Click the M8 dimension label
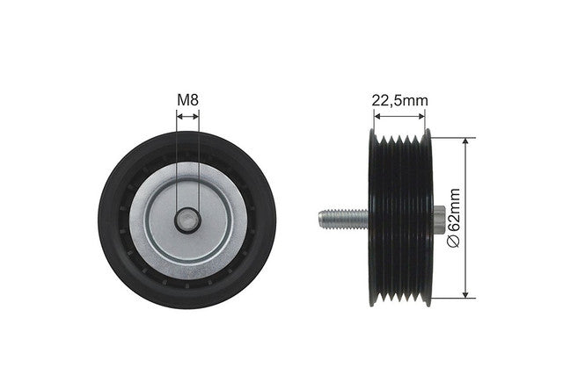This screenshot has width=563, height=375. (187, 100)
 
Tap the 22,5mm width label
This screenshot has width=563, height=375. (399, 100)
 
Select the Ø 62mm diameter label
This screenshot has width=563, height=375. (454, 218)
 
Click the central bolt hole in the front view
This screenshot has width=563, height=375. (187, 220)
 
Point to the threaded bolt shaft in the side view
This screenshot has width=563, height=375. (344, 220)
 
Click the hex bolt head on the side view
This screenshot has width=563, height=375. (439, 220)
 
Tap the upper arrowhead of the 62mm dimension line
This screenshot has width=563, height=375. (465, 141)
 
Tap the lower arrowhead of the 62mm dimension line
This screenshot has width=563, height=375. (465, 294)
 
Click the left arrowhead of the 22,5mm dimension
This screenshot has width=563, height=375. (377, 116)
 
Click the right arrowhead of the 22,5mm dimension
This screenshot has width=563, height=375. (421, 116)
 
